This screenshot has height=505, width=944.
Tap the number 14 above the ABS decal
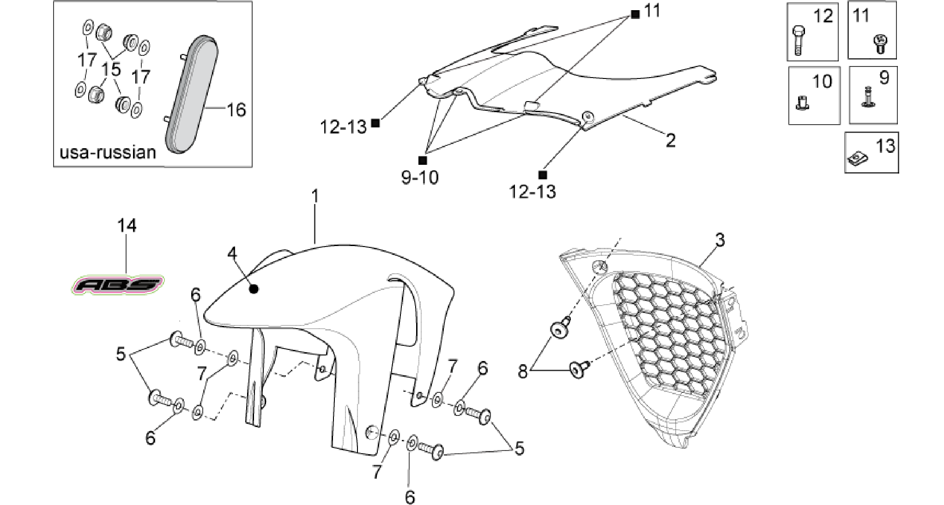(127, 226)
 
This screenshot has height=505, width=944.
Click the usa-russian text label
(108, 152)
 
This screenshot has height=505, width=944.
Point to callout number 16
(236, 110)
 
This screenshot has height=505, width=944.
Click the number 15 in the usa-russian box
(111, 69)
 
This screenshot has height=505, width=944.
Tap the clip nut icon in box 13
(857, 159)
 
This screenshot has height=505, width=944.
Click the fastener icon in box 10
(802, 102)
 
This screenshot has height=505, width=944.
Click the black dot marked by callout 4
(253, 289)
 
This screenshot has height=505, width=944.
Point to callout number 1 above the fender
(315, 197)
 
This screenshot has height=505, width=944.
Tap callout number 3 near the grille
(720, 240)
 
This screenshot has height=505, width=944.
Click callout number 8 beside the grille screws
(523, 371)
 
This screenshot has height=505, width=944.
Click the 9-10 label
(420, 177)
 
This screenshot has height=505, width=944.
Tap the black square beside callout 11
(635, 14)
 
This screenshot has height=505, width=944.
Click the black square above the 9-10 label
(422, 160)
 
